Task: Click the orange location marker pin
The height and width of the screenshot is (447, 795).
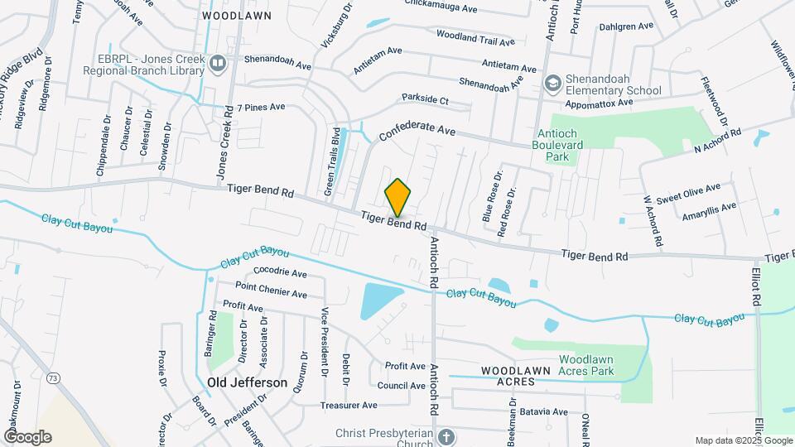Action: [397, 197]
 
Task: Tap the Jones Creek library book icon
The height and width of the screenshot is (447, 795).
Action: [217, 64]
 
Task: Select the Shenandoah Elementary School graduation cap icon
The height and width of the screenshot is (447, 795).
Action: [552, 84]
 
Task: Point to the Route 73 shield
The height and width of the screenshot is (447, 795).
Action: [54, 378]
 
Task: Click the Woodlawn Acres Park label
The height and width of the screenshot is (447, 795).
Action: [595, 366]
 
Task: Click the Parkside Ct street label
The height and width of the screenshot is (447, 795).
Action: [425, 99]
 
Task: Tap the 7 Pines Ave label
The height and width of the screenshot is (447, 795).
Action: [261, 107]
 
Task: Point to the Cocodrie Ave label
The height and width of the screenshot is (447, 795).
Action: [280, 272]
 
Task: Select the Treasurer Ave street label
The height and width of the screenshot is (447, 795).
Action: [349, 406]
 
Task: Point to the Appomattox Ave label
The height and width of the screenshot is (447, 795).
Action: [598, 103]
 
